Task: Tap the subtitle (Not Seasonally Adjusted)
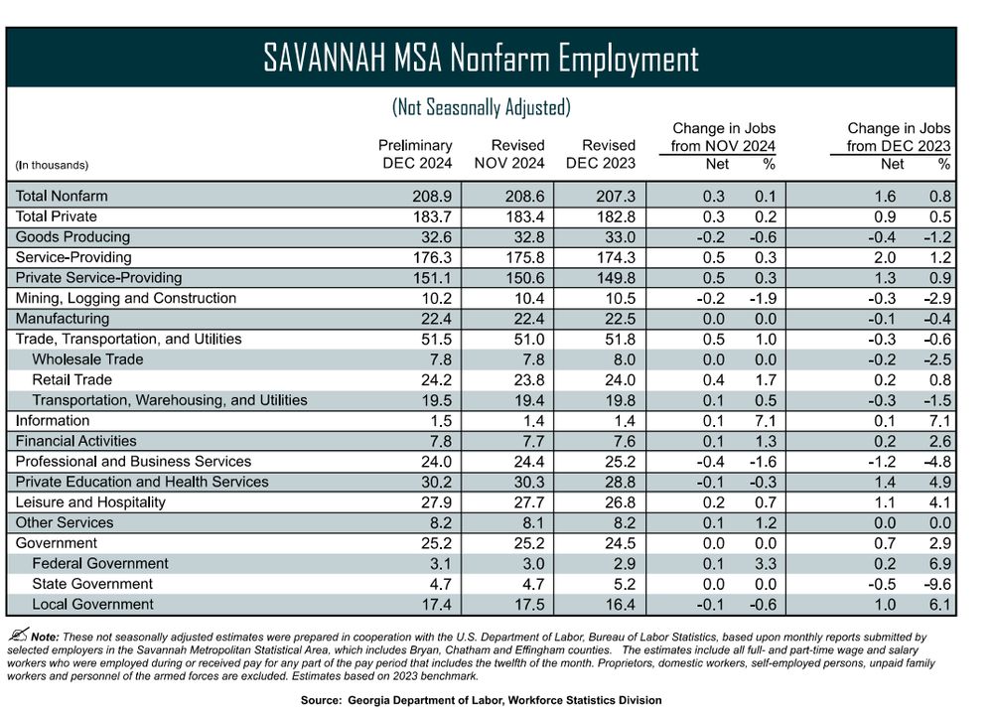(481, 106)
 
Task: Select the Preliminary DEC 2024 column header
(417, 154)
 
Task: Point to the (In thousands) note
(52, 165)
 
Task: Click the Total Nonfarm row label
(62, 196)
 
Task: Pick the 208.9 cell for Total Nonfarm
(433, 197)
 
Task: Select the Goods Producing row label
(72, 236)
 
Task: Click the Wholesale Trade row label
(87, 359)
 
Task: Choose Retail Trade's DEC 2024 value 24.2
(433, 380)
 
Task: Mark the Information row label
(53, 421)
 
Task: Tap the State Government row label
(92, 584)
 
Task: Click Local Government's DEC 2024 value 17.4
(433, 605)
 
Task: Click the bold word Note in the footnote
(45, 637)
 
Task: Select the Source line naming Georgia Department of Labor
(481, 700)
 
